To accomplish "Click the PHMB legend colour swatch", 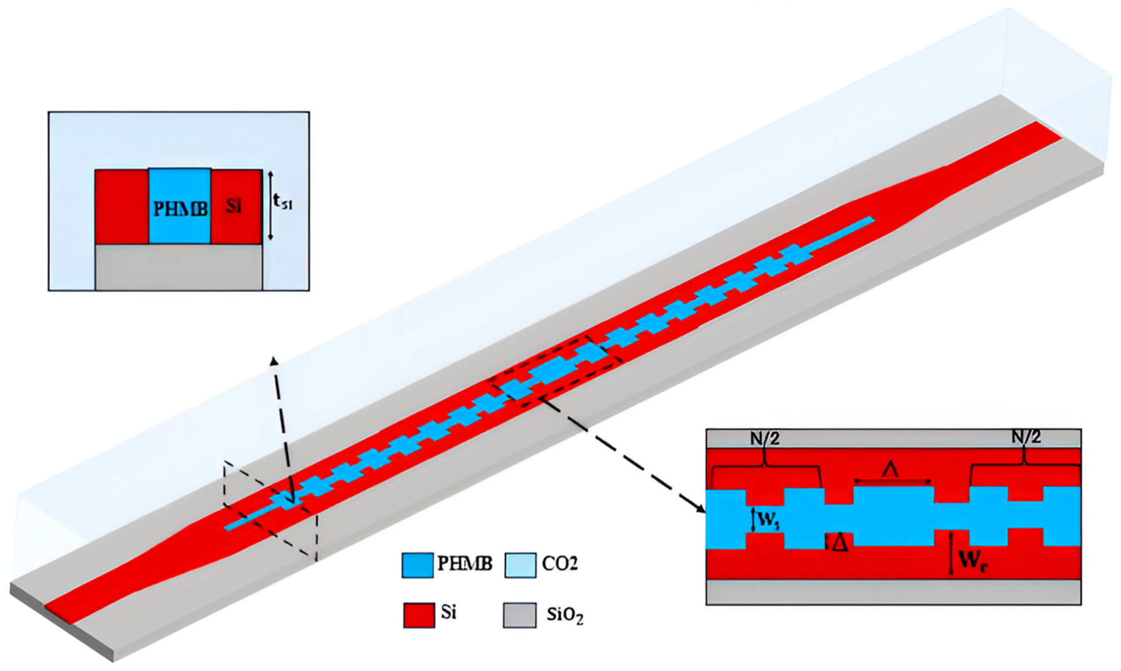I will tap(416, 565).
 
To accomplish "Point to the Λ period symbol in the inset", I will tap(891, 472).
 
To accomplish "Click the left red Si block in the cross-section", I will tap(122, 207).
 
